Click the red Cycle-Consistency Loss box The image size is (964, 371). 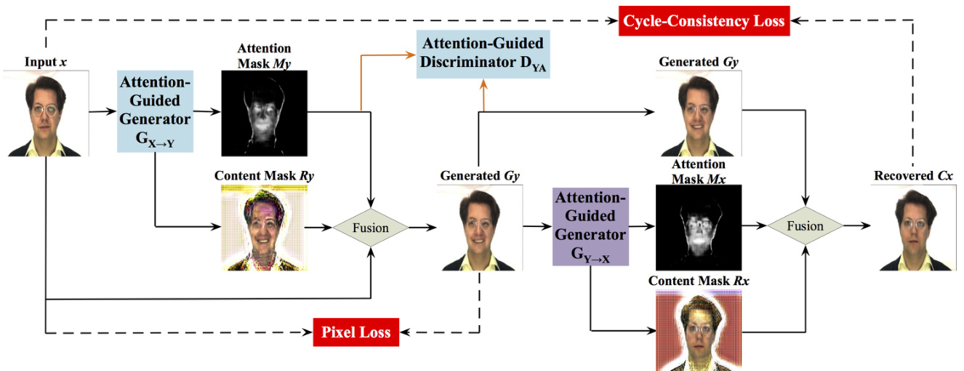point(704,20)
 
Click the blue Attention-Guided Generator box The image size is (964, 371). point(154,111)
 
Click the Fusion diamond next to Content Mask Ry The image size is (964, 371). point(370,227)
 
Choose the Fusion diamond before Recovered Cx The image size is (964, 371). point(805,226)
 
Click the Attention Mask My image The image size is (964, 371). point(264,113)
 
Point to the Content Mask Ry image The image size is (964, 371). point(264,228)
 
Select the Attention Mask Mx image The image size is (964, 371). point(698,227)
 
